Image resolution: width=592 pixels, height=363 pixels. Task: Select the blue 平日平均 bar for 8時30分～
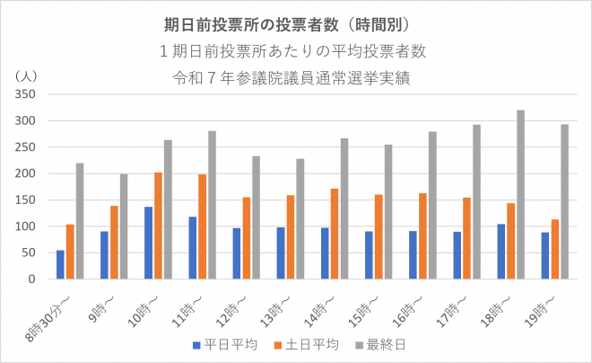pos(60,264)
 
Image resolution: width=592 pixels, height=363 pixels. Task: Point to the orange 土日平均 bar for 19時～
pos(555,249)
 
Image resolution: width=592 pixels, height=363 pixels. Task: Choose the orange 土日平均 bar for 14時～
pos(335,234)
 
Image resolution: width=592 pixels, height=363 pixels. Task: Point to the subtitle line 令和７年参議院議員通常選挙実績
pos(295,75)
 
